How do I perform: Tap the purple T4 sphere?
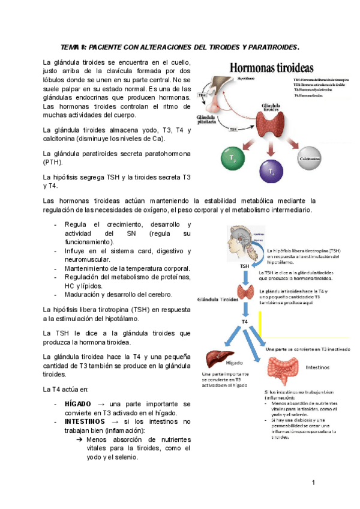pos(271,170)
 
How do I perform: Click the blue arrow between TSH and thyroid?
pos(245,276)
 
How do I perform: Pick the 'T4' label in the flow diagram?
pos(245,322)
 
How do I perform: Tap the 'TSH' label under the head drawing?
pos(245,265)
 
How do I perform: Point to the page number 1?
pos(313,483)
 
